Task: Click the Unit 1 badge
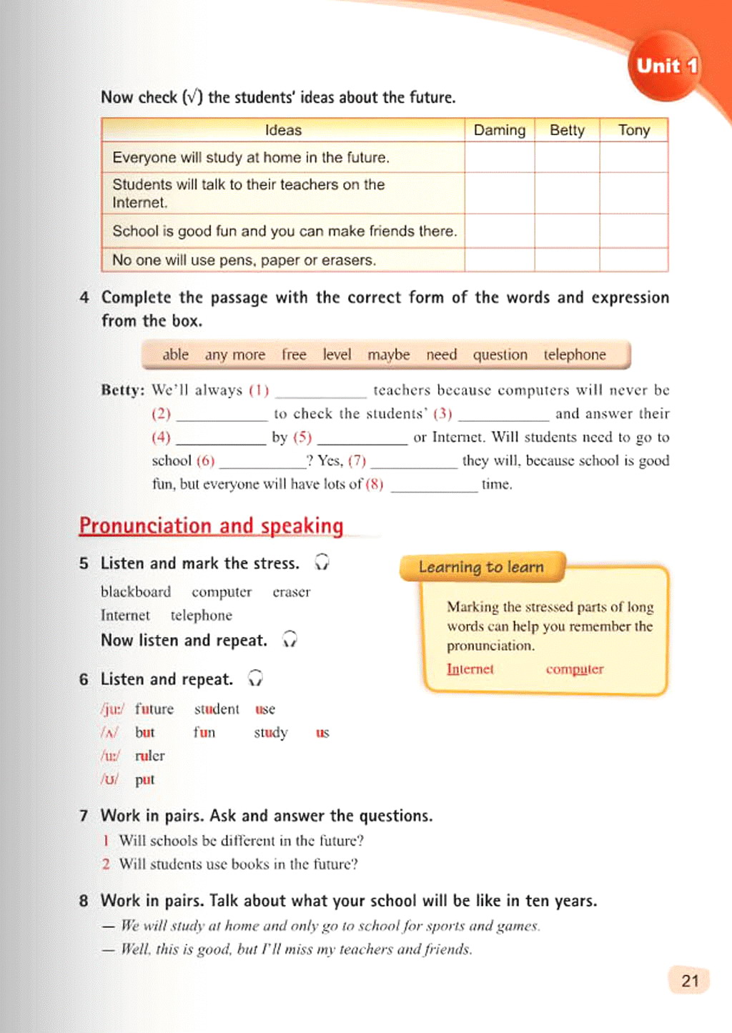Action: [665, 66]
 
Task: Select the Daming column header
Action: [499, 130]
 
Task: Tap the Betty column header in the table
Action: [567, 130]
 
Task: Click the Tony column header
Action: [634, 130]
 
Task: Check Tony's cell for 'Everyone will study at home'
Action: [634, 157]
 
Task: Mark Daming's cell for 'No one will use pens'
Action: [499, 260]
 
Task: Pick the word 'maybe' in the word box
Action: [388, 355]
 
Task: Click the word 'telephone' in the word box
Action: [574, 355]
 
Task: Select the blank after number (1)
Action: [321, 392]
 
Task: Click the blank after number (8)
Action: [434, 486]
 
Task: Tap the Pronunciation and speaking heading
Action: [211, 525]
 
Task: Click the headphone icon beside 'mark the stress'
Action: [322, 563]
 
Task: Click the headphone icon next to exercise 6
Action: [255, 678]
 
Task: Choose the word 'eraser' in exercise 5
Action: [291, 592]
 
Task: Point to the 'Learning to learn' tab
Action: [481, 567]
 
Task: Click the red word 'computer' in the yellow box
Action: [575, 669]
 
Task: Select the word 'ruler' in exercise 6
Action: [149, 756]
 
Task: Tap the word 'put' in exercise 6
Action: [144, 779]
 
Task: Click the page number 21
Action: [690, 981]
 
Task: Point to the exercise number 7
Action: [84, 816]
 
